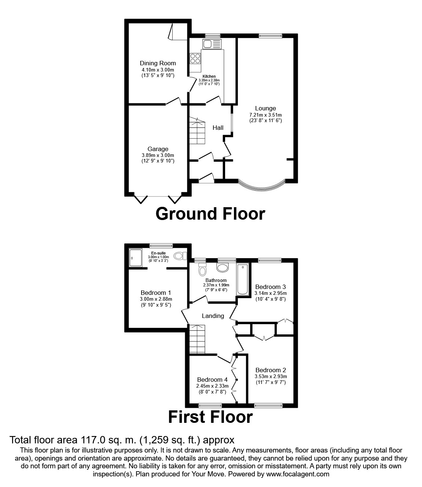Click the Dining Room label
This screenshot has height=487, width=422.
(158, 63)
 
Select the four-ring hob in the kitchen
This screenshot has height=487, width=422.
(195, 59)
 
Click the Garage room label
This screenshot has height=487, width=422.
(158, 149)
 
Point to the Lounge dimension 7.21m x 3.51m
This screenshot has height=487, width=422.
(265, 114)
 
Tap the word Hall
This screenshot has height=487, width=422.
(218, 128)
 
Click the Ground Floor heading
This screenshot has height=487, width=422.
(210, 213)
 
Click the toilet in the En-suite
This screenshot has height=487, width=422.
(180, 256)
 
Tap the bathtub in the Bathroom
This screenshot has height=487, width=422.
(242, 279)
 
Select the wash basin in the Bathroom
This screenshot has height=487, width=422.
(222, 267)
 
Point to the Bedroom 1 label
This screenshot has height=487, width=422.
(156, 293)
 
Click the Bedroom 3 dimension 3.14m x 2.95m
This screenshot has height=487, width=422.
(271, 293)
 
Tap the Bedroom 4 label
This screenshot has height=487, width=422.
(212, 380)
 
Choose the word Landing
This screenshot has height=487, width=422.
(213, 316)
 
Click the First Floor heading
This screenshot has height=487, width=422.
(210, 417)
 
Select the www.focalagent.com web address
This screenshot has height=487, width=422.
(297, 474)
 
